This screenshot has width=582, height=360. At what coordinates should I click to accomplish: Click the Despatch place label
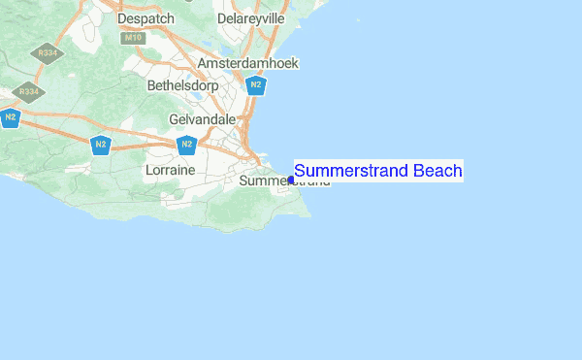click(x=145, y=18)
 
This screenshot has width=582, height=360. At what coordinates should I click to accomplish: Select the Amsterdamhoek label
click(x=248, y=63)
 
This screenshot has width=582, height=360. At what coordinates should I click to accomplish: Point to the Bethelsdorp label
click(x=182, y=86)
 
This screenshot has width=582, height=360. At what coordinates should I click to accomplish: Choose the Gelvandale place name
click(x=203, y=118)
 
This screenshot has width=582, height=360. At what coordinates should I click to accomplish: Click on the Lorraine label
click(x=170, y=170)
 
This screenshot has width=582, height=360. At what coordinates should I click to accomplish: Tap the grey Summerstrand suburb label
click(x=262, y=181)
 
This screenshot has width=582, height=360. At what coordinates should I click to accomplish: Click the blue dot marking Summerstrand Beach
click(x=291, y=180)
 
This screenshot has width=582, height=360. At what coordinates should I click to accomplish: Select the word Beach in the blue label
click(x=437, y=172)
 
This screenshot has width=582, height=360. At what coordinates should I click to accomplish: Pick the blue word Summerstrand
click(x=351, y=172)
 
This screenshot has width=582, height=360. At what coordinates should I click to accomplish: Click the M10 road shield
click(x=133, y=38)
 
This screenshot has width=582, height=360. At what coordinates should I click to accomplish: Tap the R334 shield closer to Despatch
click(x=45, y=53)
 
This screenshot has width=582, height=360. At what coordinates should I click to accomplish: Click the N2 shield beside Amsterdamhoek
click(x=256, y=84)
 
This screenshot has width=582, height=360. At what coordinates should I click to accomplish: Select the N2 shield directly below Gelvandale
click(x=187, y=145)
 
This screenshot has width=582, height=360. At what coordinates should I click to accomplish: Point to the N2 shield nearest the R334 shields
click(x=11, y=117)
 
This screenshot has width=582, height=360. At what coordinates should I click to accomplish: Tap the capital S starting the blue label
click(x=300, y=172)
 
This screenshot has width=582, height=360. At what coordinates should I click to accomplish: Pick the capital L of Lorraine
click(x=148, y=170)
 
